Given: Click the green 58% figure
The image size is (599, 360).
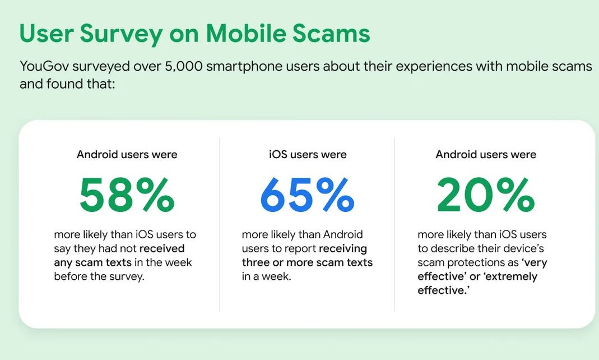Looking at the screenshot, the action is [127, 195].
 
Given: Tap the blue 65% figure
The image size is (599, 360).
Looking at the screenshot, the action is [308, 195].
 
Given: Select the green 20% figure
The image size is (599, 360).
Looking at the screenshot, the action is [486, 195].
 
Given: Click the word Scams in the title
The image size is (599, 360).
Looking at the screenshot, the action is [331, 33].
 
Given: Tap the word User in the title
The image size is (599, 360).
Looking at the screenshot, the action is [46, 33].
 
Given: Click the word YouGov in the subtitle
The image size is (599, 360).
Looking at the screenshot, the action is [44, 67].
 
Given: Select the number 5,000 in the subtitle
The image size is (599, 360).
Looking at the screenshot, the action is [183, 67].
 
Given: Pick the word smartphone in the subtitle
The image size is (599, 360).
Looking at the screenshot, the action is [244, 67].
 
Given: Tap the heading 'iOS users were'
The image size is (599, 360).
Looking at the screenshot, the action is [308, 154].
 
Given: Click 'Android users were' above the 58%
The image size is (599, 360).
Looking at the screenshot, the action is [127, 154].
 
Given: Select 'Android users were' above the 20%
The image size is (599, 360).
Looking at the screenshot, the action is [486, 154].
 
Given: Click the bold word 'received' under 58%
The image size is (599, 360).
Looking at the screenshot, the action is [162, 248].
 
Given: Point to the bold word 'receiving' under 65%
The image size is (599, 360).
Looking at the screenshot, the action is [343, 248].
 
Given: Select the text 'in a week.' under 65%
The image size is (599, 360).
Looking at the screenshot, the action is [266, 276].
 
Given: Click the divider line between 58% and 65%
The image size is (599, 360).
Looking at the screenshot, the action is [220, 225].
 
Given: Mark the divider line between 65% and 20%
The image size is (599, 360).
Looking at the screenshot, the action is [394, 225].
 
